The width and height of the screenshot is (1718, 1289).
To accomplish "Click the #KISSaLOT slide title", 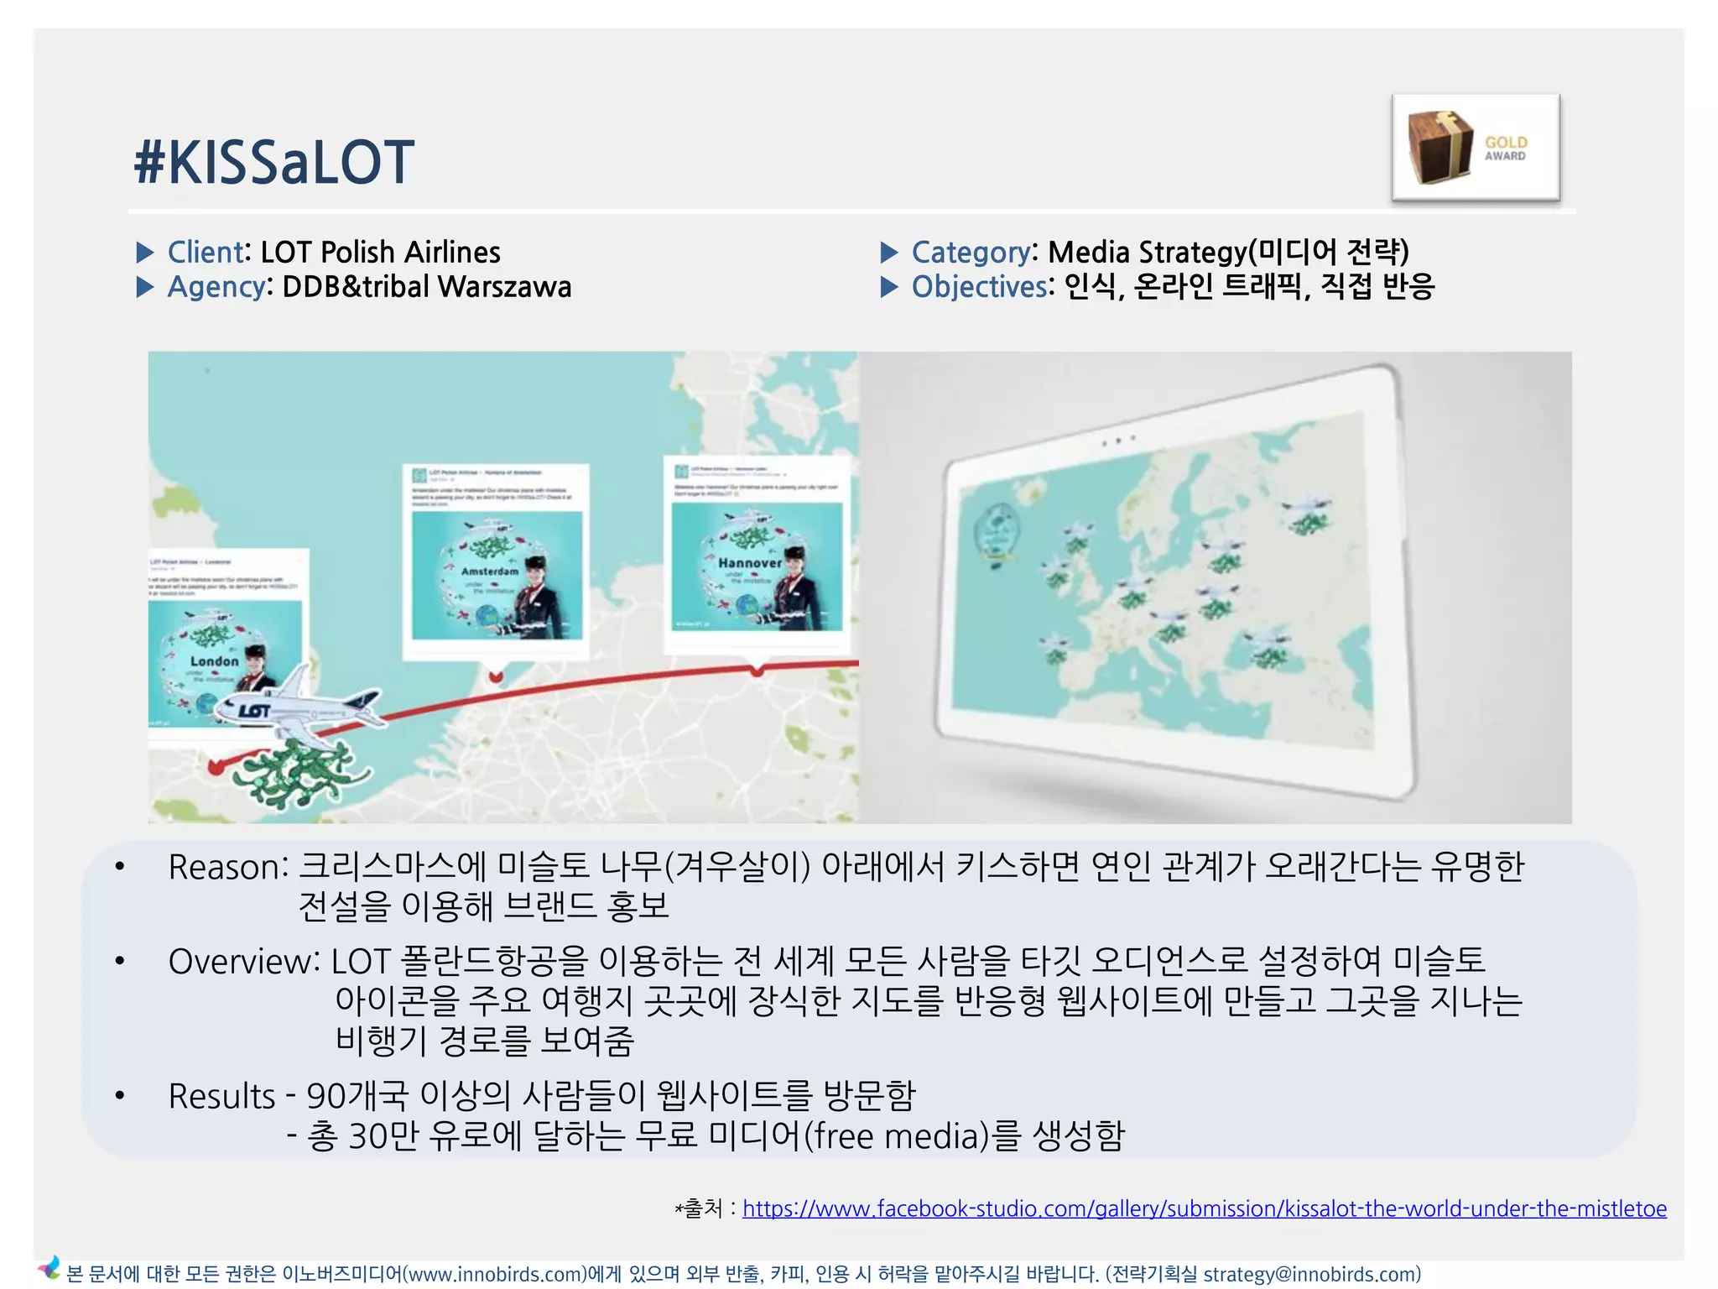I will click(x=273, y=162).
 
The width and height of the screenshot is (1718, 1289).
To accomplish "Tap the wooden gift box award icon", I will click(x=1439, y=147).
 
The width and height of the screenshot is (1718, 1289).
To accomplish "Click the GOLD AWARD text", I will click(x=1506, y=149).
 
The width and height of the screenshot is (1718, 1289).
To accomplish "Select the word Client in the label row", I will click(x=205, y=252).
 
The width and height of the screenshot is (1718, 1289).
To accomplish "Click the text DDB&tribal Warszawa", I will click(x=426, y=287).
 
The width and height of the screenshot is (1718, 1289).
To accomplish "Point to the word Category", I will click(x=971, y=252).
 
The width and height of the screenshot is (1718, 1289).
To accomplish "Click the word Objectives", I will click(x=979, y=287).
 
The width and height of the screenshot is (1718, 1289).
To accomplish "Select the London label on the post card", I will click(x=214, y=661).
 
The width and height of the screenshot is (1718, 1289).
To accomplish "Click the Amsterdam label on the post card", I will click(x=490, y=571).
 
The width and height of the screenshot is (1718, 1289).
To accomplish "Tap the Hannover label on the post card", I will click(x=749, y=563).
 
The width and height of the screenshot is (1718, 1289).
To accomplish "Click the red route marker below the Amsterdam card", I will click(x=496, y=676).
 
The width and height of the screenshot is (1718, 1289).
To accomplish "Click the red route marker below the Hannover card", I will click(x=757, y=670).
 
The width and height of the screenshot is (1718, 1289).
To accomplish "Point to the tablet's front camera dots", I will click(x=1118, y=441).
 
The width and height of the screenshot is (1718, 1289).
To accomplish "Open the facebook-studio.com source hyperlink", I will click(x=1204, y=1208).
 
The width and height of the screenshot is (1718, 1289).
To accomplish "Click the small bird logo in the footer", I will click(x=49, y=1267).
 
